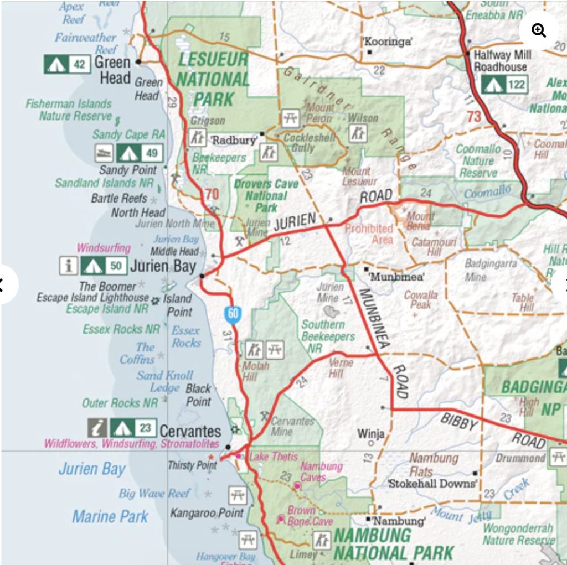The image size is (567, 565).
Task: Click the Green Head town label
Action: pos(115,70)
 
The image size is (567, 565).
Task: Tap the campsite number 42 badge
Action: pos(67,65)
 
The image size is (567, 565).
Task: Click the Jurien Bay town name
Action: pos(163,266)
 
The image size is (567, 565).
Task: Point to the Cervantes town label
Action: pos(190,431)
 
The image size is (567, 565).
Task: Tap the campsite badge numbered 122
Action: pos(504,85)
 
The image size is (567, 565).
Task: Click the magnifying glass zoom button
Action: pos(538,30)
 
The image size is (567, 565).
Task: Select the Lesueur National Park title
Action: pos(213,79)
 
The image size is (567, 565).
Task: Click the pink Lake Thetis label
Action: pos(273,457)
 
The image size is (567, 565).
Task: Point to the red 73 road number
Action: pos(474,117)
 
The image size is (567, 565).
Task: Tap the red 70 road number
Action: pos(212,194)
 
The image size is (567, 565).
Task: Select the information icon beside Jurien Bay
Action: pos(68,266)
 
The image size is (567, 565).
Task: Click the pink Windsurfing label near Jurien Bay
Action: pos(104,248)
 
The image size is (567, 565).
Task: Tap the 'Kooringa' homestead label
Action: pos(388,42)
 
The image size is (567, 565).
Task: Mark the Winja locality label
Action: pos(371,433)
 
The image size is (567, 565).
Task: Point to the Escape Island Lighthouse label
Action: pos(92,297)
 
